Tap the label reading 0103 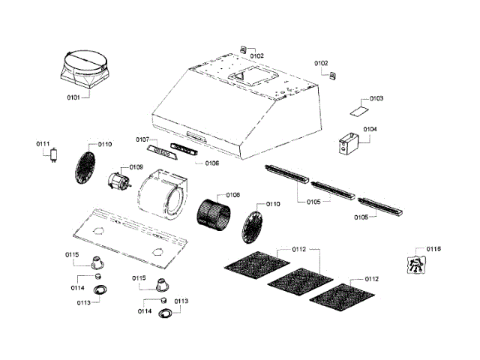point(376,99)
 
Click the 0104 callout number point(370,129)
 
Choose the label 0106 point(211,163)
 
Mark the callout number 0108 point(232,195)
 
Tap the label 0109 point(136,167)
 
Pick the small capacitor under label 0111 point(53,157)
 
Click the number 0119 point(433,249)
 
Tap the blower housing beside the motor point(163,193)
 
